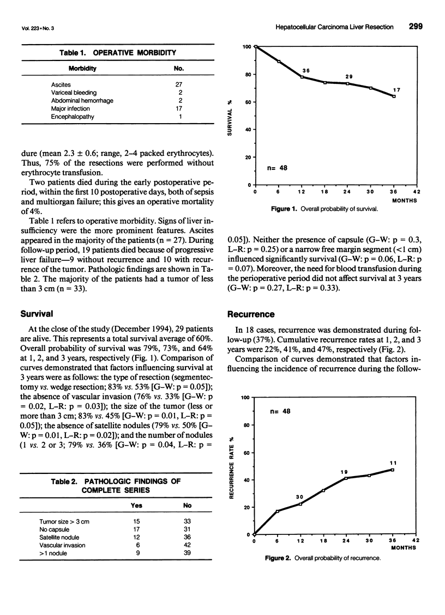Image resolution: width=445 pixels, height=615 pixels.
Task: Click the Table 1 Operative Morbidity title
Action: point(117,53)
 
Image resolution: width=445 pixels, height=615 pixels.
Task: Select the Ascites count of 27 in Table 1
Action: point(178,84)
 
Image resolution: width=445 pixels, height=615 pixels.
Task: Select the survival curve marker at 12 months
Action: point(302,77)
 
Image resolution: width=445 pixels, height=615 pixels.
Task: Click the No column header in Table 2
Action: point(187,506)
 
